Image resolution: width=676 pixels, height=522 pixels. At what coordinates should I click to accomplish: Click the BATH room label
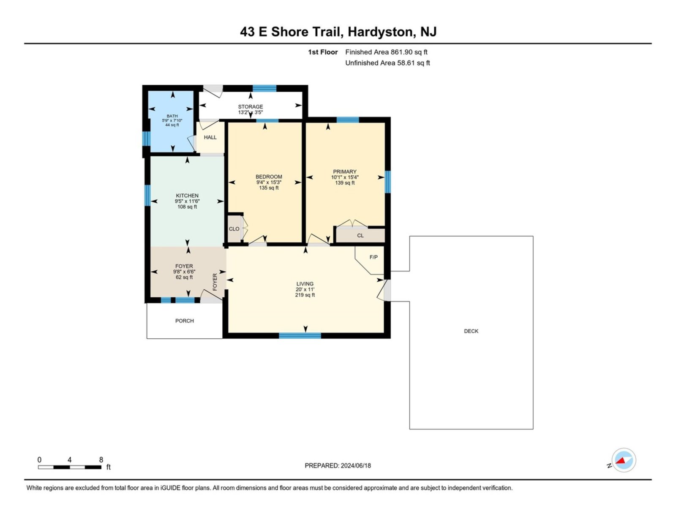pyautogui.click(x=172, y=116)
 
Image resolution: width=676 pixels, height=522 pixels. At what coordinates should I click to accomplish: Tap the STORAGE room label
pyautogui.click(x=251, y=107)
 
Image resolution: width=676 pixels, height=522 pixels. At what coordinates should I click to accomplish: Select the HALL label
pyautogui.click(x=210, y=137)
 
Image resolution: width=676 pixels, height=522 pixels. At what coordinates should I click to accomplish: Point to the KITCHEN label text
pyautogui.click(x=187, y=196)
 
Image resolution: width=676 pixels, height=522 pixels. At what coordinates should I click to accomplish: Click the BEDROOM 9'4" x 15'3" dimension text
pyautogui.click(x=269, y=182)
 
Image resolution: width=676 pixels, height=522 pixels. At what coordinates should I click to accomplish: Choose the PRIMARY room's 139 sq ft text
pyautogui.click(x=345, y=183)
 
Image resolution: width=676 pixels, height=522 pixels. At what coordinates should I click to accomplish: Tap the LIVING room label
pyautogui.click(x=305, y=284)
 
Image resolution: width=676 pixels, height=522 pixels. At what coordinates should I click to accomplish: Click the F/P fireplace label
pyautogui.click(x=373, y=257)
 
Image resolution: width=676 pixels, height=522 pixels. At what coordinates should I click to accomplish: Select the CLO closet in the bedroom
pyautogui.click(x=234, y=229)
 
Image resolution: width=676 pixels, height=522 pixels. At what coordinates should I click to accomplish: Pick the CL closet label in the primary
pyautogui.click(x=360, y=236)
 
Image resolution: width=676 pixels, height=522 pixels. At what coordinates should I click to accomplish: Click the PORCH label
pyautogui.click(x=185, y=321)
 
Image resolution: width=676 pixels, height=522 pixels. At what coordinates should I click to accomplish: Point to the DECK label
pyautogui.click(x=471, y=331)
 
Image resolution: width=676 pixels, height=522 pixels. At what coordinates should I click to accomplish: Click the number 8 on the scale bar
pyautogui.click(x=101, y=459)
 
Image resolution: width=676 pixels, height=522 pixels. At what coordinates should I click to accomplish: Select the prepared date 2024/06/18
pyautogui.click(x=356, y=466)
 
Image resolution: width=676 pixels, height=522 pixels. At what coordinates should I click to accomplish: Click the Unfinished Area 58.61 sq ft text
pyautogui.click(x=387, y=63)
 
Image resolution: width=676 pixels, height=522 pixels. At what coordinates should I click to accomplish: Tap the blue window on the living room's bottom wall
pyautogui.click(x=300, y=335)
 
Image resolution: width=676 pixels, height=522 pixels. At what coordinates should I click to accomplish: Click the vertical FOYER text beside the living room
pyautogui.click(x=215, y=282)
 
